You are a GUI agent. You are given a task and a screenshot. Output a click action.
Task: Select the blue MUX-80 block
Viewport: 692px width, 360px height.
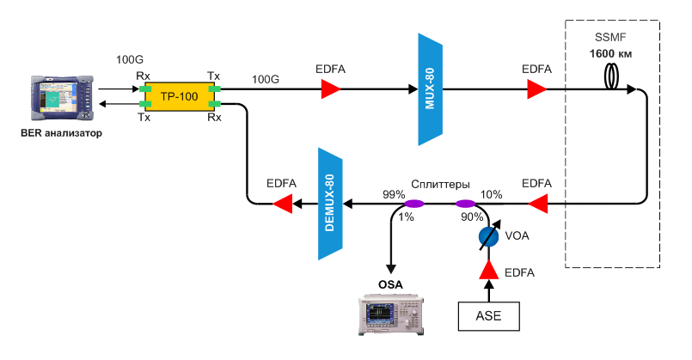[429, 89]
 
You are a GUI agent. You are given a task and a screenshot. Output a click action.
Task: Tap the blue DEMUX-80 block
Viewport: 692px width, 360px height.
[330, 204]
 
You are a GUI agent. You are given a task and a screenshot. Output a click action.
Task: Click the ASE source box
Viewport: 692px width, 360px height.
[489, 316]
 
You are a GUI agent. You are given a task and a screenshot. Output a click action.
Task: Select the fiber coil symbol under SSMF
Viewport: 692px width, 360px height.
[613, 78]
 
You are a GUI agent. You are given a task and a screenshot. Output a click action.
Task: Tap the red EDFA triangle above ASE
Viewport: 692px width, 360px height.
[489, 272]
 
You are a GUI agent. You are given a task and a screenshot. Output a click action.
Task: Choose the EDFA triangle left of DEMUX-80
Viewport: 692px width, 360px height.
[282, 204]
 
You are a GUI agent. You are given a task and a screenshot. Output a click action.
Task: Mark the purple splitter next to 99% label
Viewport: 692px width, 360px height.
[414, 204]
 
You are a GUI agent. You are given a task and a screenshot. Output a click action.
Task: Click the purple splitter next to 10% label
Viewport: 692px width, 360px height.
[465, 204]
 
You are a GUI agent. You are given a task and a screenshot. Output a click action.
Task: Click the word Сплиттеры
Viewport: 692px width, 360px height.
[440, 184]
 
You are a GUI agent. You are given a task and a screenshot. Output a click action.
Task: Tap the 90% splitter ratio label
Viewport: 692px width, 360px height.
[472, 217]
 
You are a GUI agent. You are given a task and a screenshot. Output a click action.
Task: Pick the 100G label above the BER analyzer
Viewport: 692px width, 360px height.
[129, 61]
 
